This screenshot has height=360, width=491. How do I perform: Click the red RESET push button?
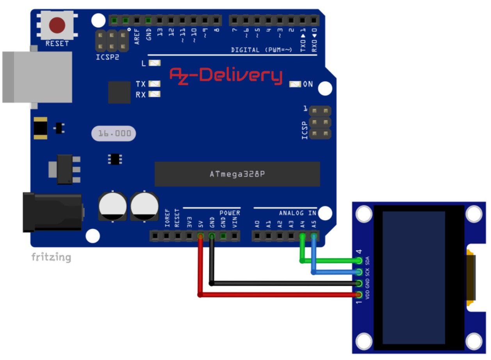pyautogui.click(x=57, y=25)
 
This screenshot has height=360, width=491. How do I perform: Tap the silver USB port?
pyautogui.click(x=37, y=77)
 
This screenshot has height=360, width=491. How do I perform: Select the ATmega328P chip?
pyautogui.click(x=237, y=174)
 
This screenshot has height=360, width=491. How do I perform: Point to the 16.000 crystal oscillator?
pyautogui.click(x=114, y=134)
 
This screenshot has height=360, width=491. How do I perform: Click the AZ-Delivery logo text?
pyautogui.click(x=226, y=75)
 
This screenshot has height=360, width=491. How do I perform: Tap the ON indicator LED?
pyautogui.click(x=295, y=84)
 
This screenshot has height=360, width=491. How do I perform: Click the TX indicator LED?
pyautogui.click(x=155, y=84)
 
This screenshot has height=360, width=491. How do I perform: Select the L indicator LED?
pyautogui.click(x=155, y=63)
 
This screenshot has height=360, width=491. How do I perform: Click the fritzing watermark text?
pyautogui.click(x=51, y=257)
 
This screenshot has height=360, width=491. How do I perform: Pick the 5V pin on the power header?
pyautogui.click(x=200, y=236)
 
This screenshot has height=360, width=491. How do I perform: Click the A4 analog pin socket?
pyautogui.click(x=302, y=236)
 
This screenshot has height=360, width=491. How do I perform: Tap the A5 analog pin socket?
pyautogui.click(x=313, y=236)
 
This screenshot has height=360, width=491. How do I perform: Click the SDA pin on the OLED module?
pyautogui.click(x=359, y=260)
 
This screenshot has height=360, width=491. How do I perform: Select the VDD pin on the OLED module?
pyautogui.click(x=359, y=295)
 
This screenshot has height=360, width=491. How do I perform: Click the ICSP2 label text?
pyautogui.click(x=107, y=57)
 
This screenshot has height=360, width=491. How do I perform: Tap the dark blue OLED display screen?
pyautogui.click(x=414, y=277)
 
